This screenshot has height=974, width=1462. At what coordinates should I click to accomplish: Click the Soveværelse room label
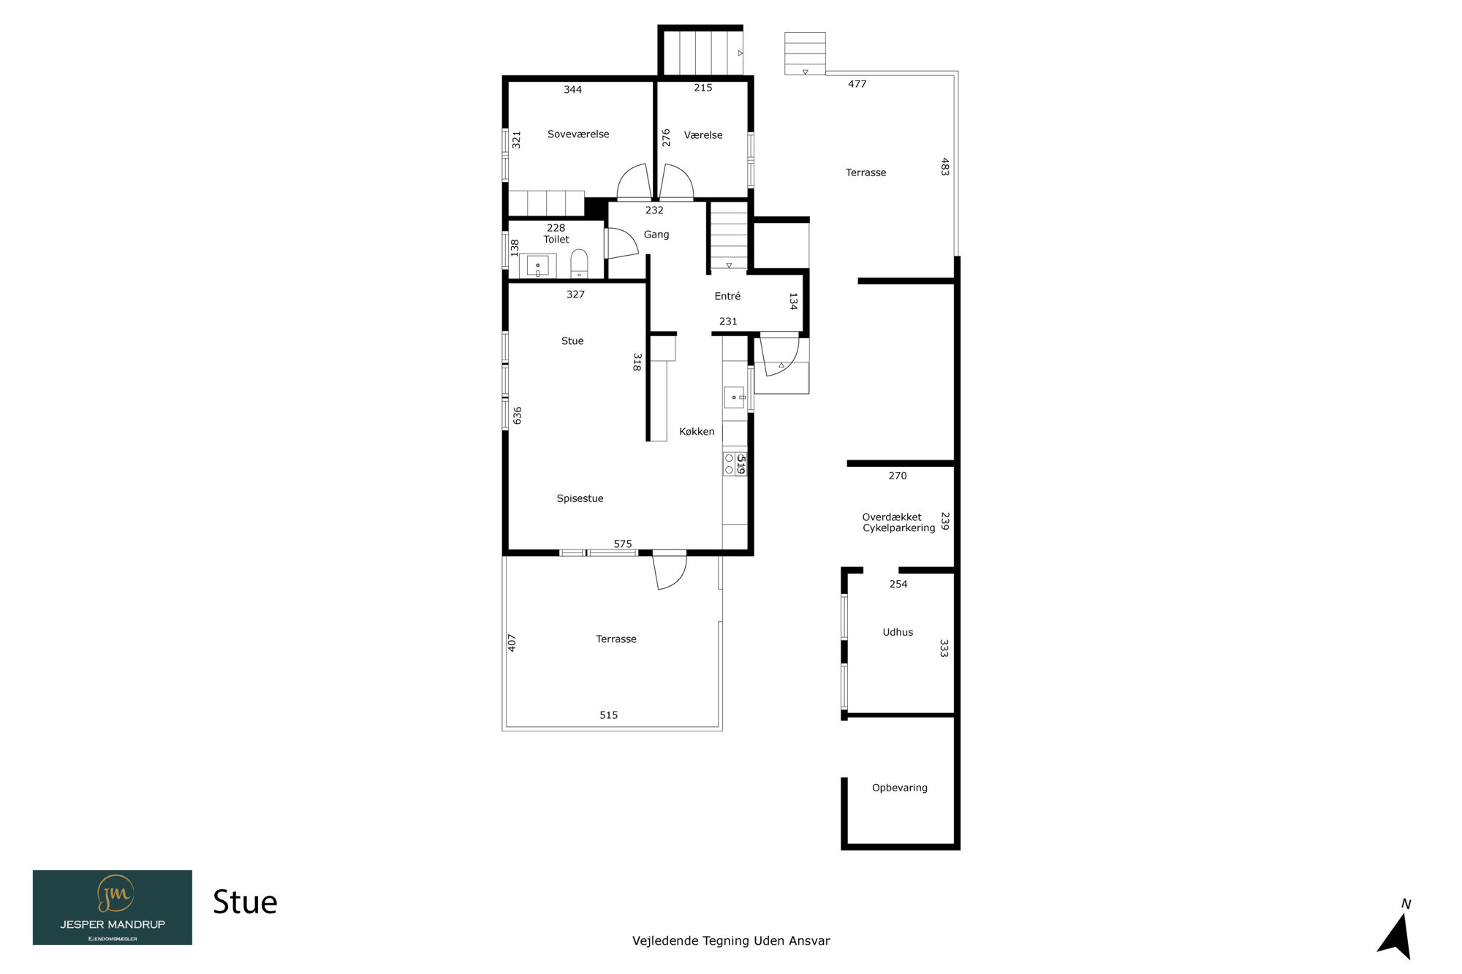[578, 134]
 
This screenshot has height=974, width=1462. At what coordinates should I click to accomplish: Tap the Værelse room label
[703, 135]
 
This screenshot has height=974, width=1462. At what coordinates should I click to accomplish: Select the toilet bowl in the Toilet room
[579, 264]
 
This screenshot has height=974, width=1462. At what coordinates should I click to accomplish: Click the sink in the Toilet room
[538, 265]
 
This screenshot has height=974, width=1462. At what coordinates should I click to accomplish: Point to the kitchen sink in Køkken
[735, 397]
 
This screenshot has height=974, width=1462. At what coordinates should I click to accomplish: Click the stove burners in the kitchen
[730, 464]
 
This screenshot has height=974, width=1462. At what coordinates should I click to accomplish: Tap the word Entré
[727, 296]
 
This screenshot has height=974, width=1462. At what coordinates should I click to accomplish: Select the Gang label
[656, 235]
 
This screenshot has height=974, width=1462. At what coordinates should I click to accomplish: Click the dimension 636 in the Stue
[518, 416]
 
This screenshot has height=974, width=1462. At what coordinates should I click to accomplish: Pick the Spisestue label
[580, 499]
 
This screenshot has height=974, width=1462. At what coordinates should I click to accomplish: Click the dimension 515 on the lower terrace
[609, 715]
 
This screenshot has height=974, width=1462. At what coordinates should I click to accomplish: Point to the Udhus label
[898, 633]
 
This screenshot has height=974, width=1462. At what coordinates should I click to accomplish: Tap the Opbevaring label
[900, 788]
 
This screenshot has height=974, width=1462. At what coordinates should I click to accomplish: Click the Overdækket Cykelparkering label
[898, 522]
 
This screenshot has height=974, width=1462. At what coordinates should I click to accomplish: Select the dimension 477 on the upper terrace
[857, 84]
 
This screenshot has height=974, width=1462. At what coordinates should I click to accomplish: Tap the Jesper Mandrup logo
[113, 908]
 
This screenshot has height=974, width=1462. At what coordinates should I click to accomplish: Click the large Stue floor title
[245, 903]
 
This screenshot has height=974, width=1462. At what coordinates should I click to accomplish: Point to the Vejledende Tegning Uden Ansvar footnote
[731, 941]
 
